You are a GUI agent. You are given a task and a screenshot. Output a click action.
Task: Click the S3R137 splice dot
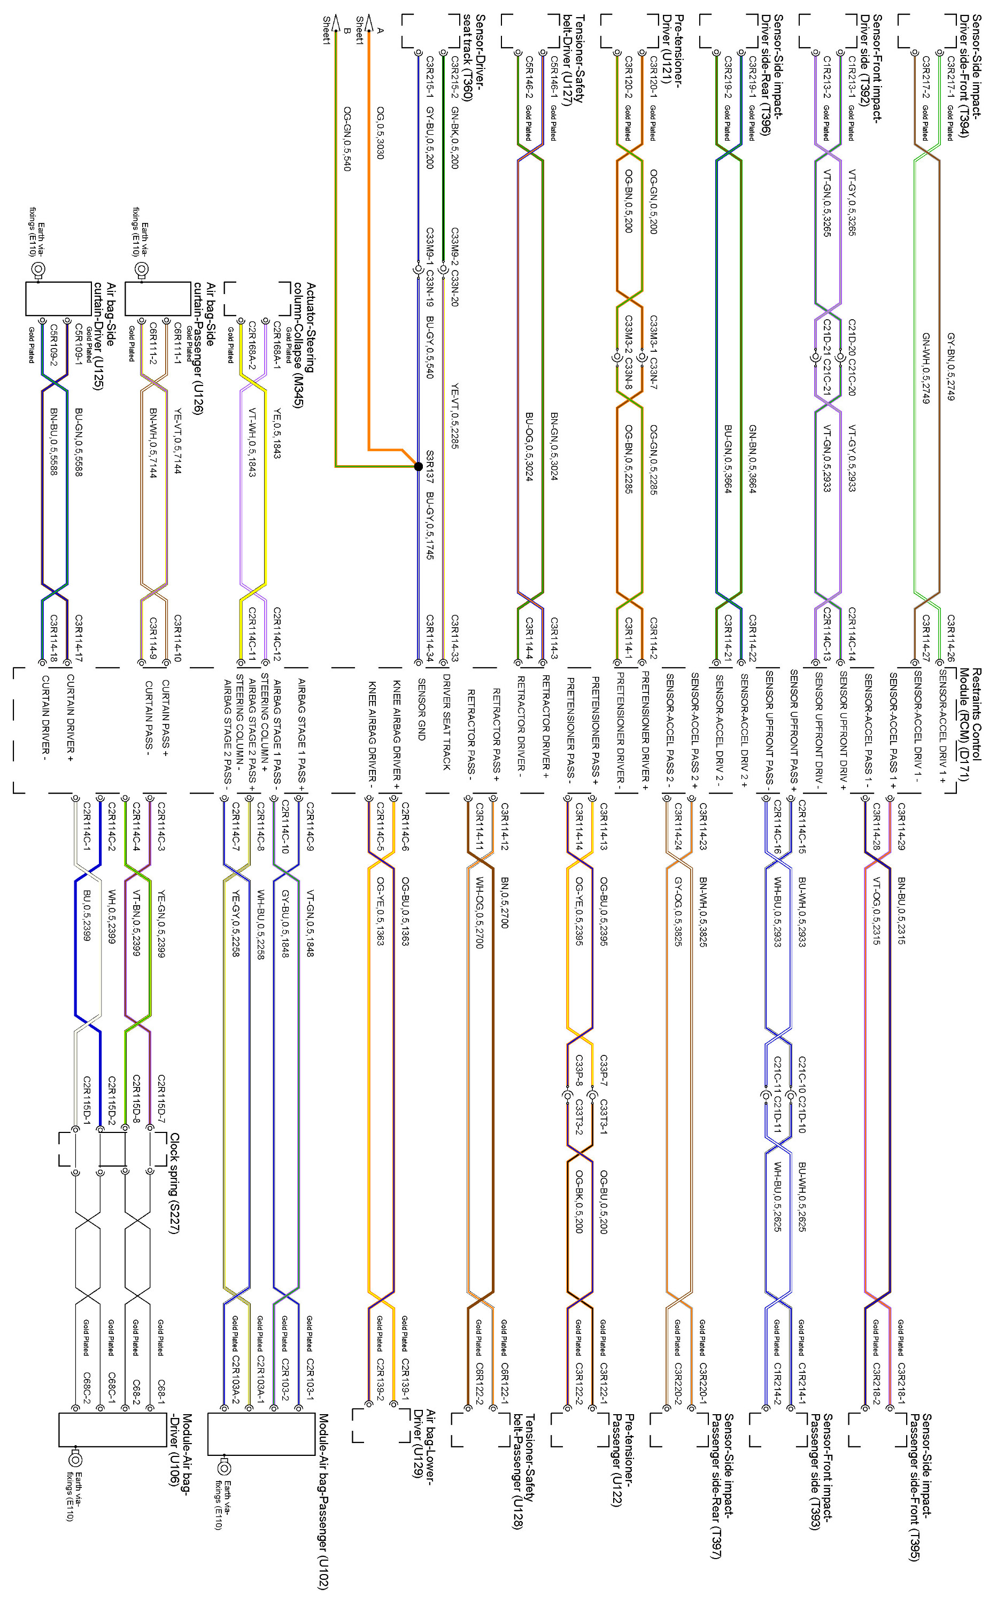418,466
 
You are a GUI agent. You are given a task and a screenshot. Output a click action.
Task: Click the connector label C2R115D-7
161,1098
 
